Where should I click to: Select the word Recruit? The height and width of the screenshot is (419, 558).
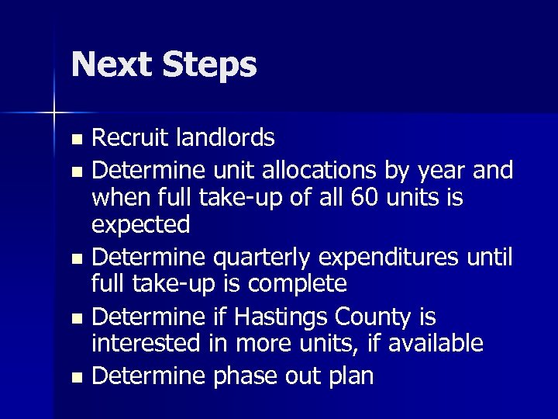click(133, 137)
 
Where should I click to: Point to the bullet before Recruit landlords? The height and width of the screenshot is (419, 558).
click(75, 140)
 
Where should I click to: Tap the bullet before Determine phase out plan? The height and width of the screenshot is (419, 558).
click(75, 378)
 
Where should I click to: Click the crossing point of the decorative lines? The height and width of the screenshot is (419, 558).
click(55, 113)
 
